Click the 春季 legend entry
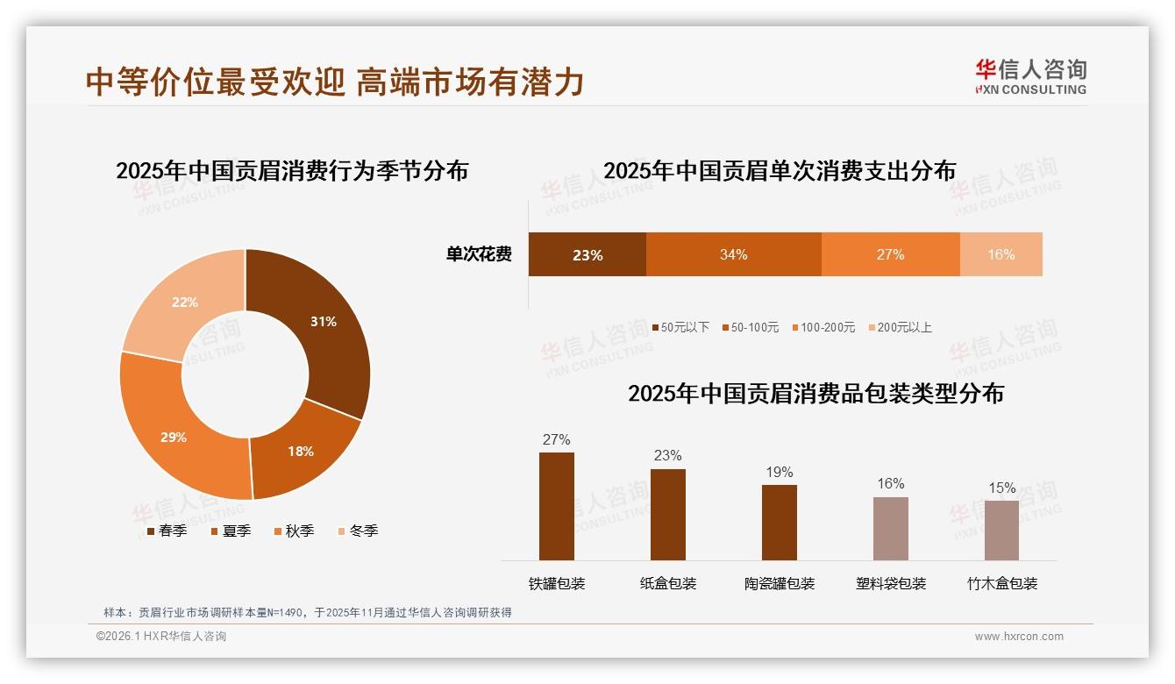(167, 531)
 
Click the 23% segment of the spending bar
(587, 255)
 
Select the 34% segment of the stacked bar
(733, 255)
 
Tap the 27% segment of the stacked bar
(890, 255)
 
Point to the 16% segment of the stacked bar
(1001, 255)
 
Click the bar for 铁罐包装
(557, 506)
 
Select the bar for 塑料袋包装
(890, 529)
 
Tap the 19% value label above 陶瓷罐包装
(779, 473)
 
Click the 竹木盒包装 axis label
(1001, 584)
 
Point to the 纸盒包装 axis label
(668, 584)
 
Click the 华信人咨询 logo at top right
(1030, 76)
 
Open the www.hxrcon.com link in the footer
(1018, 637)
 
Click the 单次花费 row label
(479, 255)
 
